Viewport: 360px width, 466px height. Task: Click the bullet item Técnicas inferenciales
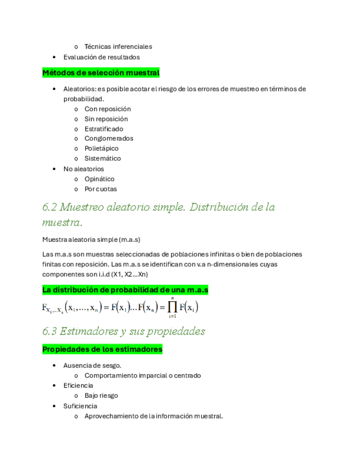pos(118,47)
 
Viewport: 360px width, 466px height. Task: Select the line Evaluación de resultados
pos(101,57)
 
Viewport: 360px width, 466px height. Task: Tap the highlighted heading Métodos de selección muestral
pos(101,73)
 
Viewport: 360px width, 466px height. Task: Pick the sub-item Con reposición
pos(107,109)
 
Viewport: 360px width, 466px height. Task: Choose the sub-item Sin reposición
pos(106,119)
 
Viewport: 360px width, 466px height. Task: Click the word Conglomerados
pos(109,138)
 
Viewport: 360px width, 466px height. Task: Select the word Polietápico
pos(101,148)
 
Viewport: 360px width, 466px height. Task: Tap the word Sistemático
pos(103,158)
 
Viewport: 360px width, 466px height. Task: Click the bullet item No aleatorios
pos(84,169)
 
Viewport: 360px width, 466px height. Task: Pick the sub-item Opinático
pos(99,179)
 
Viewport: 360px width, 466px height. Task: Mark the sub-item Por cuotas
pos(101,188)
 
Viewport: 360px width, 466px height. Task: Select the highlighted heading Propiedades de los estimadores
pos(102,349)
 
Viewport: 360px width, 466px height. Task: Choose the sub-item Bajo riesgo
pos(101,396)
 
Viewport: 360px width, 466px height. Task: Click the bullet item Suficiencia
pos(80,406)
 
